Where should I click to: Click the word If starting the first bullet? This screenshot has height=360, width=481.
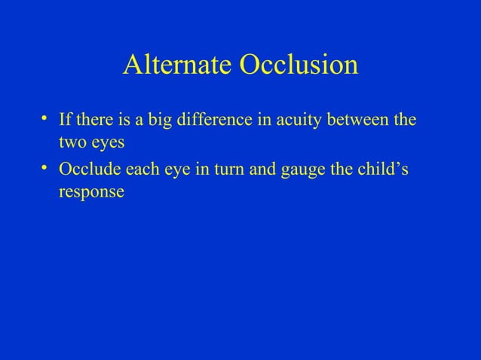click(64, 121)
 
